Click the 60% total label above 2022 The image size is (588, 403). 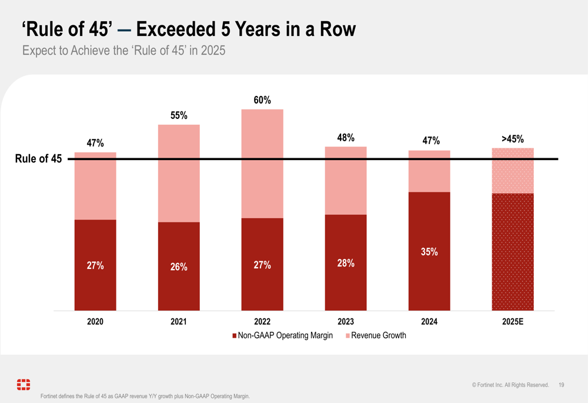[x=262, y=100]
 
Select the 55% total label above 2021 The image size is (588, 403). [x=179, y=115]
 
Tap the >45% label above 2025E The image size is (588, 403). [x=512, y=139]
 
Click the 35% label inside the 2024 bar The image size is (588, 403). [x=429, y=252]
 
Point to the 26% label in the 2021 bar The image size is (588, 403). [x=179, y=267]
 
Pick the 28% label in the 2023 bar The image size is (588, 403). [x=346, y=263]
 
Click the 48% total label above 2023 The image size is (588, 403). [x=346, y=138]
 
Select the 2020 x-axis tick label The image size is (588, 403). [x=95, y=322]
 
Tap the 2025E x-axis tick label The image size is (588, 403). [x=513, y=322]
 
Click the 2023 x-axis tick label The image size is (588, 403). [x=346, y=322]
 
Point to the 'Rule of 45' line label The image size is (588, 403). [x=39, y=159]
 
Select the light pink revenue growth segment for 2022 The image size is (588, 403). [x=262, y=164]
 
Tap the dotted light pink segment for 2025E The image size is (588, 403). [x=513, y=171]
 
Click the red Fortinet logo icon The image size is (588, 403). [x=24, y=385]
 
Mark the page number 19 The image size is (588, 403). [x=562, y=385]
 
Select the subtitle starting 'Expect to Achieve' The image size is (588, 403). [x=123, y=51]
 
